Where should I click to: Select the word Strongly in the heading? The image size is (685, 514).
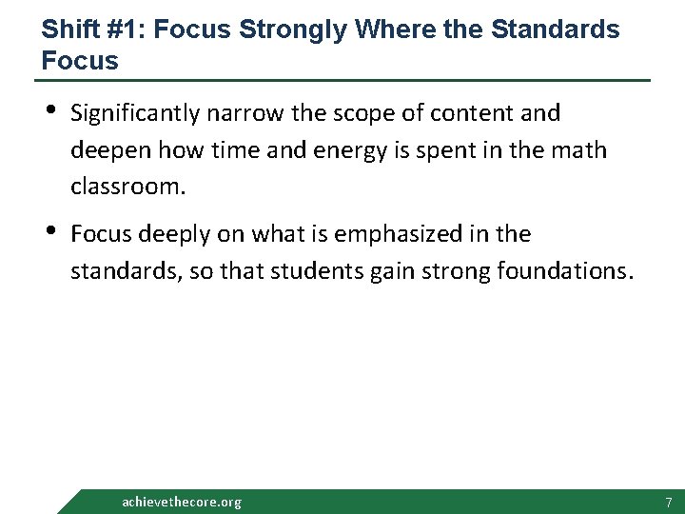(x=294, y=30)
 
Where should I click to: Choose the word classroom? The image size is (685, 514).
(x=127, y=187)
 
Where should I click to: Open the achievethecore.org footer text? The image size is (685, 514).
(x=182, y=502)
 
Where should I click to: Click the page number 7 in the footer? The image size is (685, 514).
(x=669, y=502)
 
